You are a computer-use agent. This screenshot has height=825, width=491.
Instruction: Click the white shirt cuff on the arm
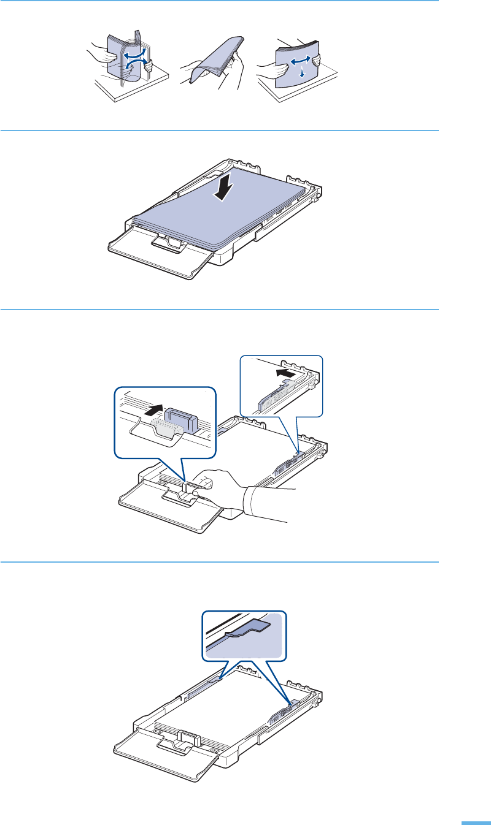pos(252,497)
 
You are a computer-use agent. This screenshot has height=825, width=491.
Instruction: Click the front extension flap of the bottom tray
pos(163,764)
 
